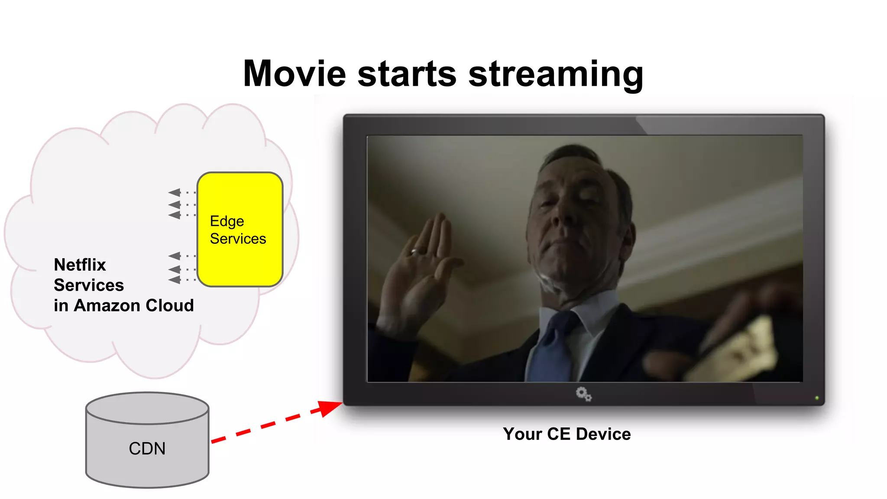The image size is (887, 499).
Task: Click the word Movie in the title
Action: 295,74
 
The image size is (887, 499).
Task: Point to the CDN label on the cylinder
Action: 147,449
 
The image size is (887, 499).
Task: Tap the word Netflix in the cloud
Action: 80,265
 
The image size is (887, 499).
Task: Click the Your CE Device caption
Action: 567,434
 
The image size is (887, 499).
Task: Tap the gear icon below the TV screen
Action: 583,394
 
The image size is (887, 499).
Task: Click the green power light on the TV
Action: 817,398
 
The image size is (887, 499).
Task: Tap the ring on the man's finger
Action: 414,251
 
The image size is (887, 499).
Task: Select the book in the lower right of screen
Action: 736,351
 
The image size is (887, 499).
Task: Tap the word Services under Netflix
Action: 89,285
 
